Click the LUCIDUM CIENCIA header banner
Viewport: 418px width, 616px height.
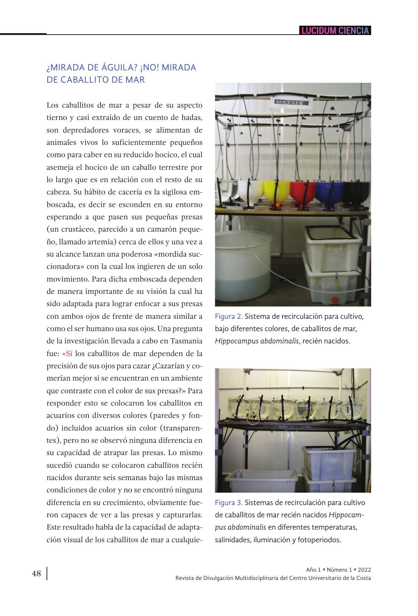(335, 31)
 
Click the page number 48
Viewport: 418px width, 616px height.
(36, 573)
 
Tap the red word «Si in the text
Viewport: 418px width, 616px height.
(67, 353)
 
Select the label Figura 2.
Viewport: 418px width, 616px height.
(229, 317)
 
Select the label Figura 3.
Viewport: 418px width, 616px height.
(229, 502)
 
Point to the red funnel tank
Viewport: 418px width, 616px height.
(302, 192)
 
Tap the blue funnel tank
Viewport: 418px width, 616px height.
(329, 192)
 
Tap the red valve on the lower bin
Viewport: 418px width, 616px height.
(335, 298)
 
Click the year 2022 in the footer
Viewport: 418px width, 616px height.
(364, 570)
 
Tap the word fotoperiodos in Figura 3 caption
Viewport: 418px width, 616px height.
(319, 540)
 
